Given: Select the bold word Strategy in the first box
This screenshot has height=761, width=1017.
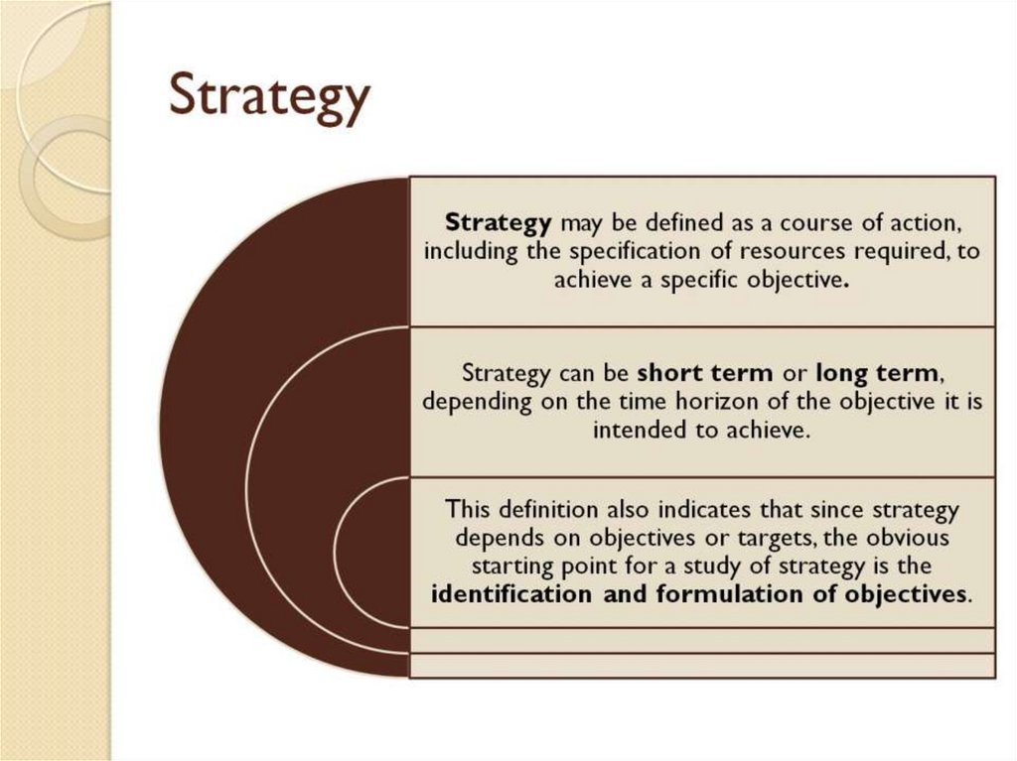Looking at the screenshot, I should pyautogui.click(x=498, y=220).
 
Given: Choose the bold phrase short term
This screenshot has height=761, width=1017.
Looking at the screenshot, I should pyautogui.click(x=704, y=373).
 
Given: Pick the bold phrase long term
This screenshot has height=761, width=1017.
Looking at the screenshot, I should pyautogui.click(x=875, y=373).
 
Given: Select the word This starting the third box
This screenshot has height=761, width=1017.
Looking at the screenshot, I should pyautogui.click(x=468, y=510).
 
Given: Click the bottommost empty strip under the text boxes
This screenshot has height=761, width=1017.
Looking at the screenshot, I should pyautogui.click(x=702, y=665).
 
